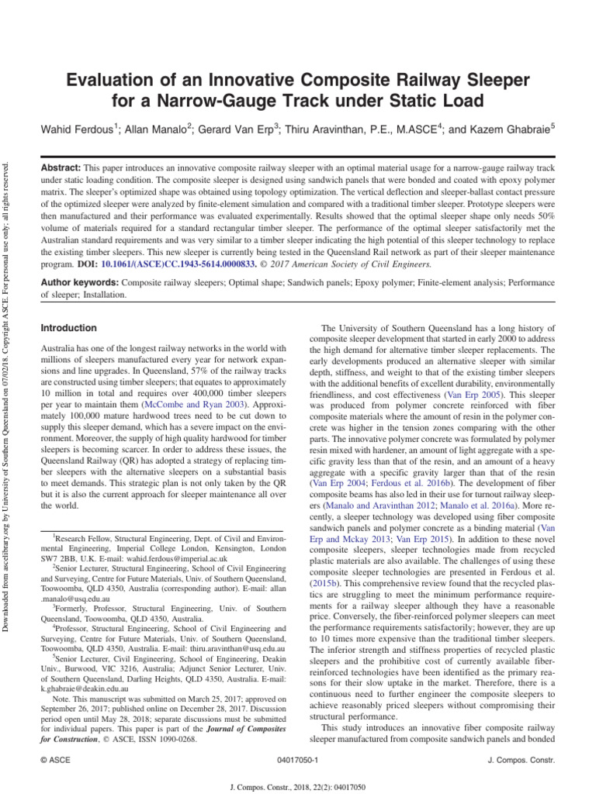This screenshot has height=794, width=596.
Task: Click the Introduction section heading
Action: [x=68, y=328]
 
